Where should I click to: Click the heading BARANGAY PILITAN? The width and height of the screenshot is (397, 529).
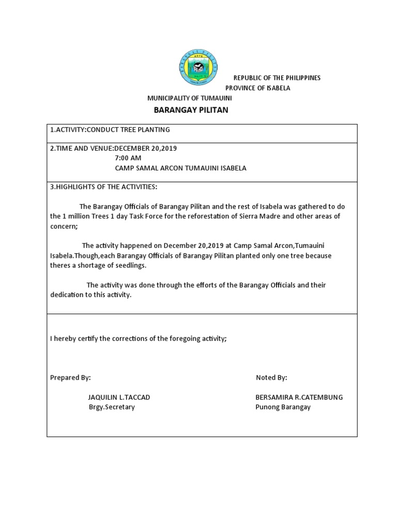tap(191, 110)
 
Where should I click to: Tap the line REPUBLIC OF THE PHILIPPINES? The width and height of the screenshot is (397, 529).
tap(277, 77)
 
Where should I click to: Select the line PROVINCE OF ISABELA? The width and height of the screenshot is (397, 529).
tap(257, 88)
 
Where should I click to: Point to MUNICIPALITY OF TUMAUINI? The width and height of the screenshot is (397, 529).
tap(190, 98)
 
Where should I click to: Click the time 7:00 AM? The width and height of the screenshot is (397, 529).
tap(128, 158)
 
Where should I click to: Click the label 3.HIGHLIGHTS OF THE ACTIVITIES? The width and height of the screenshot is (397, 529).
tap(103, 186)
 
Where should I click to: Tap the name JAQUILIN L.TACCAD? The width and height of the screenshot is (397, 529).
tap(119, 397)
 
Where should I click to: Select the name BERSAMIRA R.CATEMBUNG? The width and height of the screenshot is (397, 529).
tap(299, 397)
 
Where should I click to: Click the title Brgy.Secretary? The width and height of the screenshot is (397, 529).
tap(112, 407)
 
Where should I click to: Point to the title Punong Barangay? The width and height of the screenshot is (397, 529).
tap(283, 407)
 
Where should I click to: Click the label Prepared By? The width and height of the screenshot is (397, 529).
tap(70, 378)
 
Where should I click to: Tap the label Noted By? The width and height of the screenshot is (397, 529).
tap(271, 378)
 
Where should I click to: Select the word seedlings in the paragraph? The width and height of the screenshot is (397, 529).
tap(131, 265)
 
